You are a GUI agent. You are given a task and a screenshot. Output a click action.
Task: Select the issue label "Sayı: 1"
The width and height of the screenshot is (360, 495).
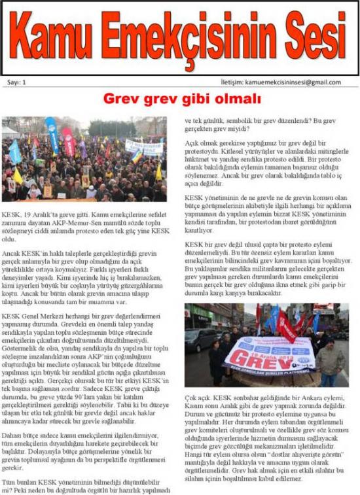click(x=16, y=82)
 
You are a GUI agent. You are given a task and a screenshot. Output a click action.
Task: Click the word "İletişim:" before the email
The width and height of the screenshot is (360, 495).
click(x=232, y=82)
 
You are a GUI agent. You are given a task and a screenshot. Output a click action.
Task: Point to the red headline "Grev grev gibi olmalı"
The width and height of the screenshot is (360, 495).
click(x=182, y=99)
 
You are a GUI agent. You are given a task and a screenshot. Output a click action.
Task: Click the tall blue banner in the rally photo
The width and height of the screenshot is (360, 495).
click(x=52, y=134)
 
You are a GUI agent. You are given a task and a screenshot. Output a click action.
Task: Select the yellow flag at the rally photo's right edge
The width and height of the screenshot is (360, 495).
click(x=158, y=171)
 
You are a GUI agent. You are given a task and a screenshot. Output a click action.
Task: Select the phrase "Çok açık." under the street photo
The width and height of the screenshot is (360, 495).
click(x=199, y=397)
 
